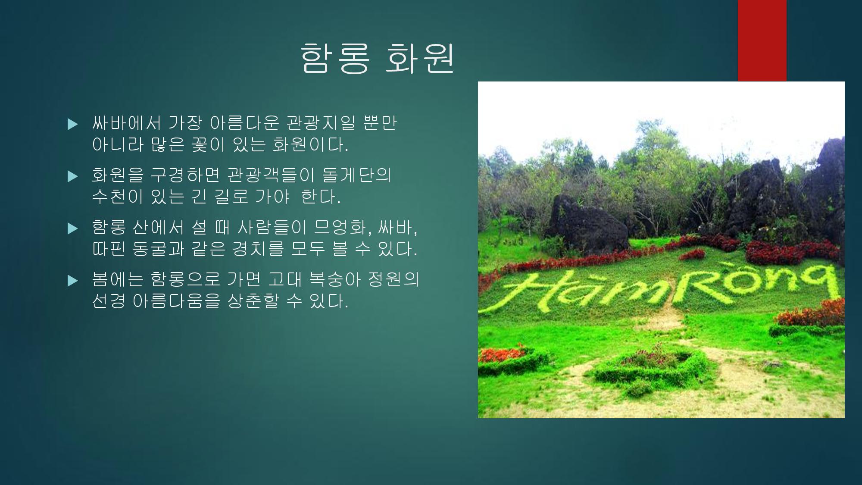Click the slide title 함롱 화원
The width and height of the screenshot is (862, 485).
click(377, 58)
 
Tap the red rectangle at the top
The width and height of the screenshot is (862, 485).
click(762, 41)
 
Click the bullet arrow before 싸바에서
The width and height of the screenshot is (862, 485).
click(73, 124)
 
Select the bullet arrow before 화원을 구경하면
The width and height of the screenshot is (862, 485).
click(73, 176)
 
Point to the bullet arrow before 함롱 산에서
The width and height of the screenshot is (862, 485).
click(73, 228)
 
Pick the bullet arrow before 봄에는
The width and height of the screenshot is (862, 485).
click(73, 281)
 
